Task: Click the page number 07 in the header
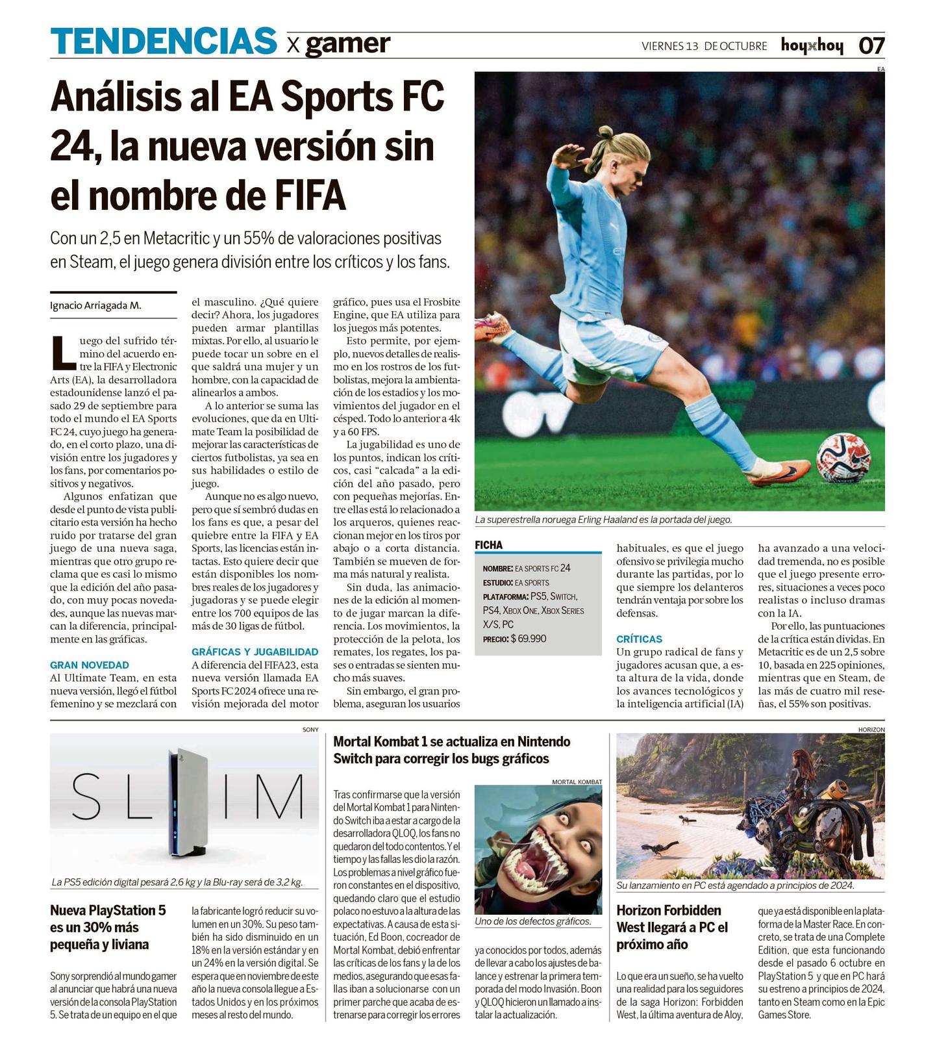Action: tap(871, 45)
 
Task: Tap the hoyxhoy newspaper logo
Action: tap(812, 45)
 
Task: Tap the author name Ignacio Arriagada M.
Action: tap(95, 305)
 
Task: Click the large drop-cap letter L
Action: tap(63, 353)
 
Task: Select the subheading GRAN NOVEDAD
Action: tap(90, 665)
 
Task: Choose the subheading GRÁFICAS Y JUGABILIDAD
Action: tap(255, 652)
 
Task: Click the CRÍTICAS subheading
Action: tap(639, 639)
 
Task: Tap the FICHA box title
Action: tap(488, 545)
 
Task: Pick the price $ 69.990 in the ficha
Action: tap(528, 639)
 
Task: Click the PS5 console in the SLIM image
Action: tap(188, 802)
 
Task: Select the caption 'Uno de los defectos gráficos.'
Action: tap(532, 921)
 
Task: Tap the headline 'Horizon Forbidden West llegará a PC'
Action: tap(672, 927)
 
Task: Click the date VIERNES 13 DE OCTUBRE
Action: tap(704, 46)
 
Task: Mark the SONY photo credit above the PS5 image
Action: tap(310, 730)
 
